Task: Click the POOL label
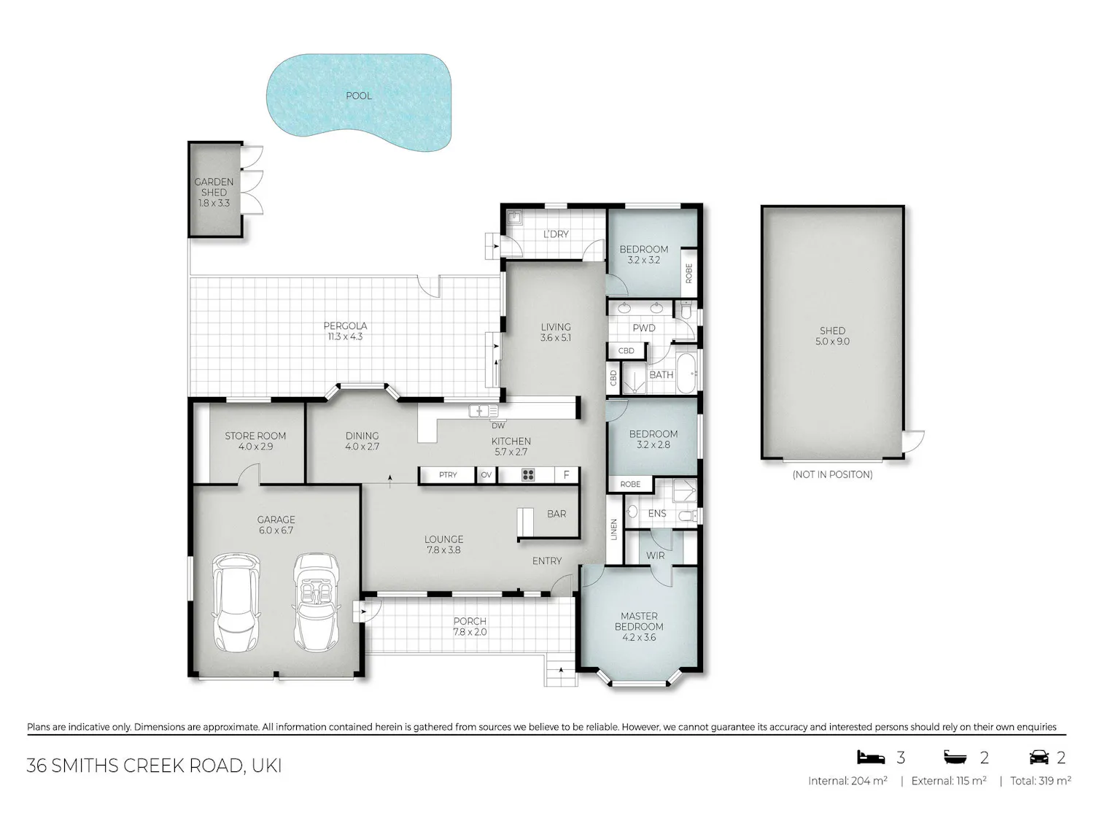click(359, 96)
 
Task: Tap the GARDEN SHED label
click(214, 187)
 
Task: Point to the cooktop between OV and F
click(528, 475)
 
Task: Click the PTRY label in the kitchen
click(448, 475)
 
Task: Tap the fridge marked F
click(566, 475)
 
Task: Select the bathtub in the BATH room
click(687, 373)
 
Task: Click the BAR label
click(556, 514)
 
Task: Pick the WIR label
click(655, 555)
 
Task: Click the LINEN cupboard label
click(613, 529)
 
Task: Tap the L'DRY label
click(556, 234)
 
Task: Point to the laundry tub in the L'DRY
click(515, 217)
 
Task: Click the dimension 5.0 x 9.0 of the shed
click(832, 342)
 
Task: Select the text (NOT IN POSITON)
click(832, 474)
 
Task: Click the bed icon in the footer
click(870, 758)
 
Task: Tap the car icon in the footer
click(1039, 758)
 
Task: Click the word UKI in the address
click(267, 766)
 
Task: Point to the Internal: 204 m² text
click(847, 781)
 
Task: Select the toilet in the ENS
click(690, 516)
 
